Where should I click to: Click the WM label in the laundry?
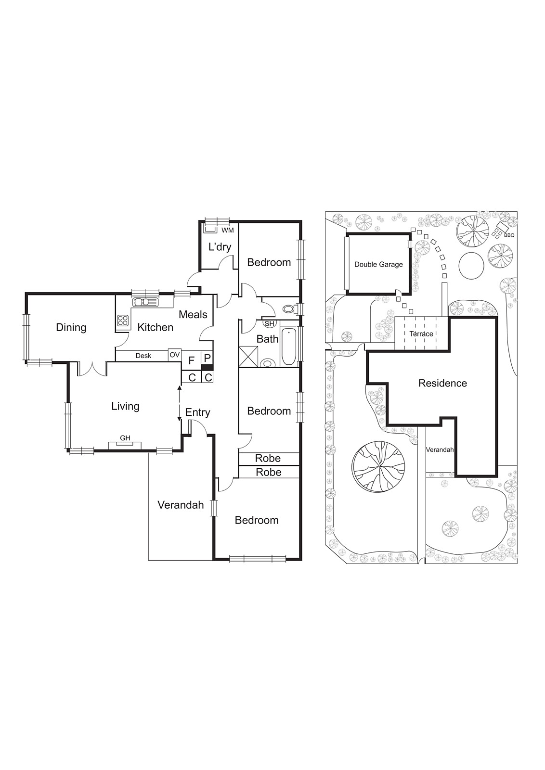227,231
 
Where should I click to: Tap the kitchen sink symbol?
145,302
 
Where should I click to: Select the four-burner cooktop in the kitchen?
123,321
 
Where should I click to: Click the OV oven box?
174,355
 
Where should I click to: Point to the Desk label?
143,356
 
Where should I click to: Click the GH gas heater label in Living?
125,438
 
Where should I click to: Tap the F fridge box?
191,360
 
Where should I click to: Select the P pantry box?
207,358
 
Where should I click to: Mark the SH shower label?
269,323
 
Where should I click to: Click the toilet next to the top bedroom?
289,309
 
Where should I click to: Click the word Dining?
71,327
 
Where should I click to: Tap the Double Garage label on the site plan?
378,264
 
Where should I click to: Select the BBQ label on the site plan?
509,235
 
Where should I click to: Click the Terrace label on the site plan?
421,334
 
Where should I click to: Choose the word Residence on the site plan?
442,383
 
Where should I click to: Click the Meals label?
193,314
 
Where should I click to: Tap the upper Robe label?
268,458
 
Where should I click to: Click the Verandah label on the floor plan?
181,505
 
